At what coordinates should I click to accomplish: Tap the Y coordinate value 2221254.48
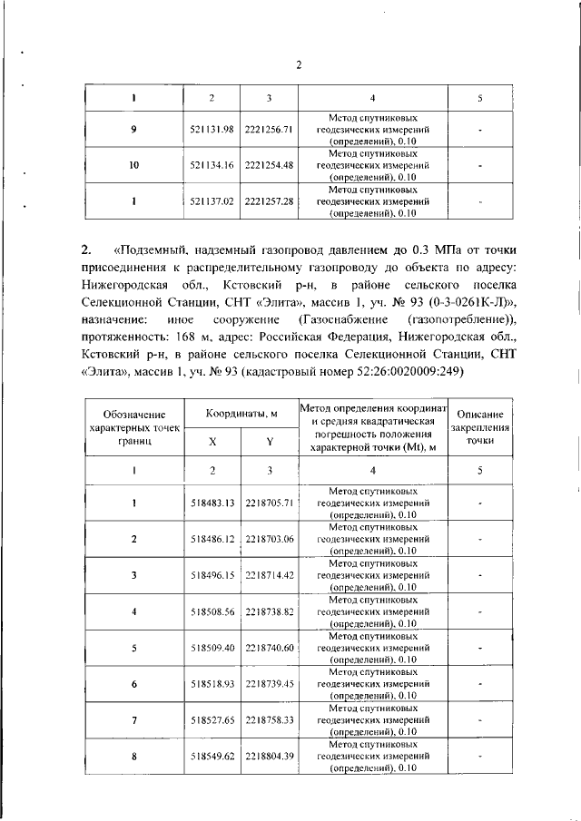point(269,165)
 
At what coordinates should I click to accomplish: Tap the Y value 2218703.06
point(270,539)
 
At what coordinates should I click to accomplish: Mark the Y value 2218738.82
point(270,611)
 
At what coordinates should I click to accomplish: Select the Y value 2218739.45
point(270,683)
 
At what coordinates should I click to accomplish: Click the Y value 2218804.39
point(270,756)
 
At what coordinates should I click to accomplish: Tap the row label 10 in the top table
point(133,165)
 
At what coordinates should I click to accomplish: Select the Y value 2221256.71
point(269,130)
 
